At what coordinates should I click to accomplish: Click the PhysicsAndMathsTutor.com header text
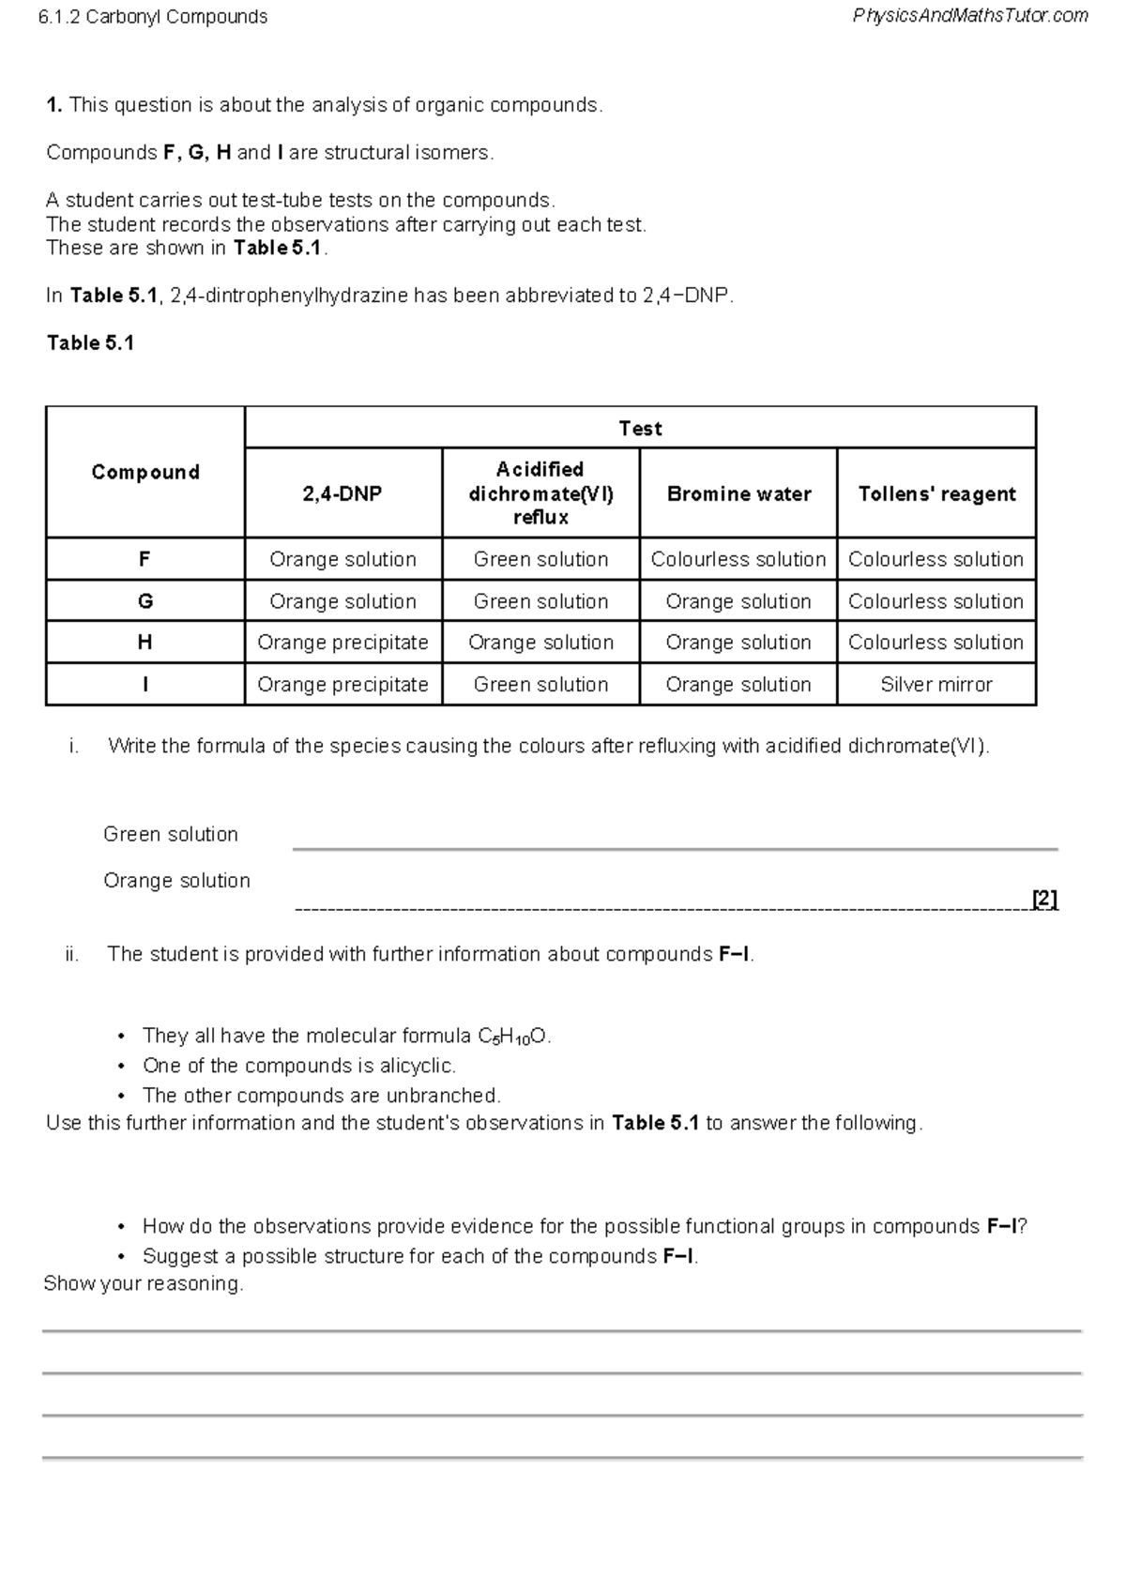(970, 16)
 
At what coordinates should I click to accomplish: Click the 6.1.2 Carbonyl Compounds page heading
(153, 17)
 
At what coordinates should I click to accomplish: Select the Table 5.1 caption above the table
(91, 343)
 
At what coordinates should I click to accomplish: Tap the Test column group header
(640, 429)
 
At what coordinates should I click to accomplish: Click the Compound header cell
(145, 472)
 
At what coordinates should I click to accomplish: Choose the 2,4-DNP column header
(342, 493)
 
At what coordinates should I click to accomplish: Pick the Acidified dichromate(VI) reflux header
(540, 492)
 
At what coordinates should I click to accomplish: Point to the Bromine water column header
(738, 493)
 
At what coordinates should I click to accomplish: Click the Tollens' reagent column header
(936, 493)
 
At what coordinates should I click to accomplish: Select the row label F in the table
(145, 559)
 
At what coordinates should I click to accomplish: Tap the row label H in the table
(145, 643)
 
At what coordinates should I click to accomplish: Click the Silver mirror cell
(936, 685)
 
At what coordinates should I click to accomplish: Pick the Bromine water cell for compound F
(738, 559)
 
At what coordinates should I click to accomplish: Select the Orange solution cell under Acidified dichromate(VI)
(540, 643)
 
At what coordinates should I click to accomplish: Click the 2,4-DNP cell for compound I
(342, 685)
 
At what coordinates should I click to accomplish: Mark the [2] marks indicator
(1044, 899)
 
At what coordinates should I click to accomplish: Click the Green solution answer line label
(171, 834)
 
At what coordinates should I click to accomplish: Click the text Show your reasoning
(143, 1283)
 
